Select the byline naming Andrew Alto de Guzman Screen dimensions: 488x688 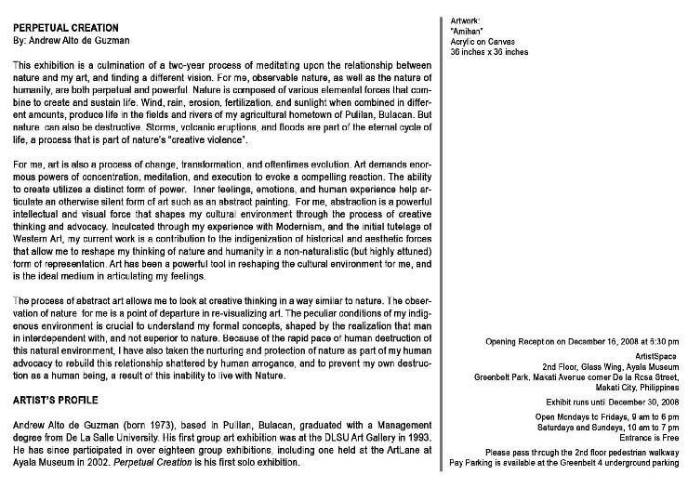pyautogui.click(x=72, y=41)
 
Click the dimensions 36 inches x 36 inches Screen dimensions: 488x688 pyautogui.click(x=489, y=52)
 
